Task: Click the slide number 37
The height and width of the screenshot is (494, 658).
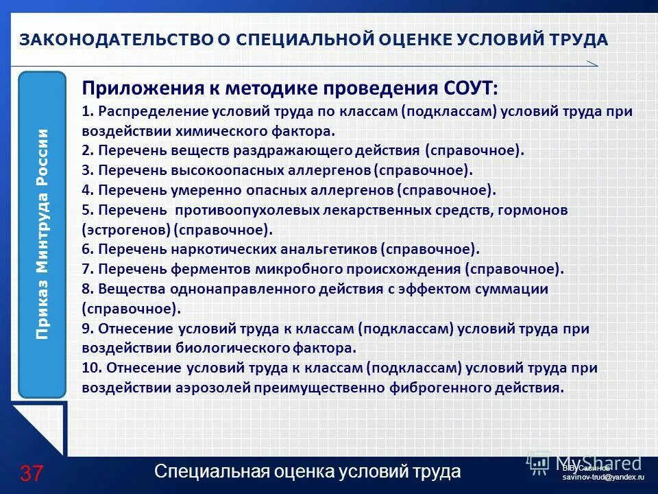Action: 32,473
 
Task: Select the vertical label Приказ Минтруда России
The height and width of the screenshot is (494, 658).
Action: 42,234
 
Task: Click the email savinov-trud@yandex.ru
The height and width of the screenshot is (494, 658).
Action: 603,476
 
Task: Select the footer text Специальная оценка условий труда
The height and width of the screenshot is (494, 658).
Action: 308,471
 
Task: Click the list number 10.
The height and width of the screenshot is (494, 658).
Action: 90,367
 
